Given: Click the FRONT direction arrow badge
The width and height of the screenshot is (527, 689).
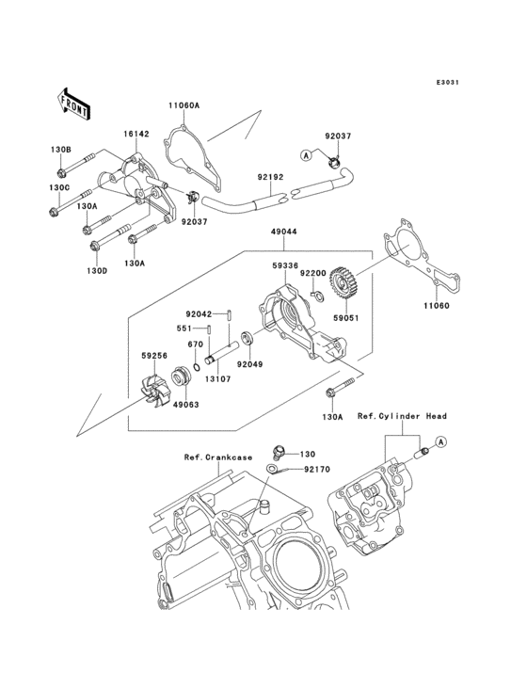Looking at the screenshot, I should [74, 103].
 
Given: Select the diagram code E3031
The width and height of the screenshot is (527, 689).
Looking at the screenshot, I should [448, 83].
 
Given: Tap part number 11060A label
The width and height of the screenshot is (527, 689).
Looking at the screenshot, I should [184, 105].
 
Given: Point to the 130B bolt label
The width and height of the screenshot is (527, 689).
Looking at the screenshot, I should [60, 150].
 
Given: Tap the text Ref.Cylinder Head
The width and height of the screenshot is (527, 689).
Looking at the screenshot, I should [402, 415].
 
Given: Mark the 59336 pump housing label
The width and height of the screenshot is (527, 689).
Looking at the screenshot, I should [286, 266].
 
